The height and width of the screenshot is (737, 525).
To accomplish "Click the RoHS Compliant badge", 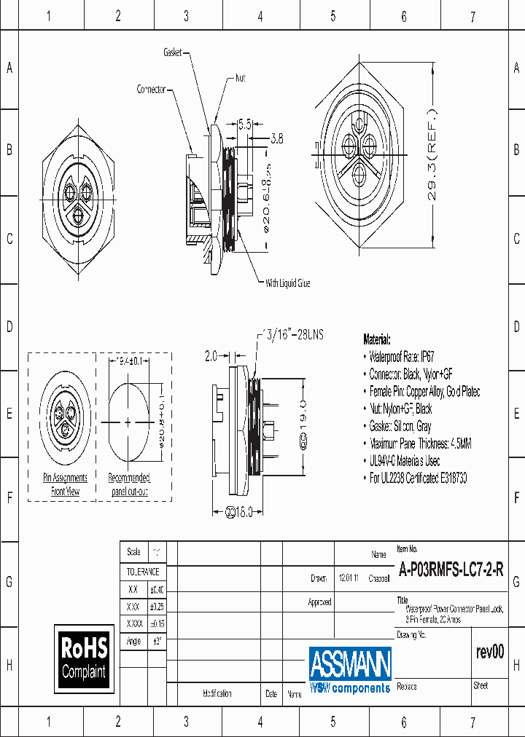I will click(84, 658).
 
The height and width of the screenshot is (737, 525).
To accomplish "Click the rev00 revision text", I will click(489, 653).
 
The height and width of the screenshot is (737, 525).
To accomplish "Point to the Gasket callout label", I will click(172, 53).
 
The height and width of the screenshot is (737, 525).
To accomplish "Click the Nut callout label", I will click(240, 77).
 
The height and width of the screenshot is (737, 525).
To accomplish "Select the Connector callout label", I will click(152, 90).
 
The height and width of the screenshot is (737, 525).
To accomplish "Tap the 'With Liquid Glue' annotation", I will click(287, 283).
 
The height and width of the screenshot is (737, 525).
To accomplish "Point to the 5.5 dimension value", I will click(244, 125).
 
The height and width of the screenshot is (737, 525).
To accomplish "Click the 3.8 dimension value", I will click(278, 137).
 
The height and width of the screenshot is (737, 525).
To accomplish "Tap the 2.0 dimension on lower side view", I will click(211, 356).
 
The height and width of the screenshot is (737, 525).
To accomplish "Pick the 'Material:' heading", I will click(377, 339).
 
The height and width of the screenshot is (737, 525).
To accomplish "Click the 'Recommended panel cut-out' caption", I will click(129, 484).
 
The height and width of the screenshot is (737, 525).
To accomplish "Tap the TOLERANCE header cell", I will click(143, 572).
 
